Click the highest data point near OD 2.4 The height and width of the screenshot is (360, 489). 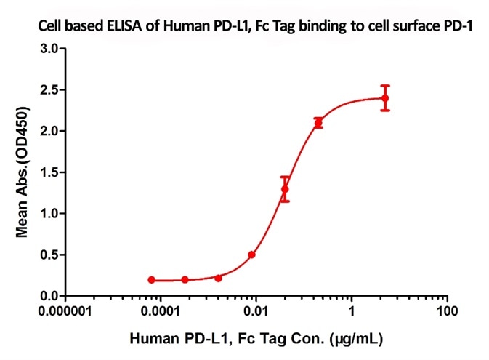coord(385,98)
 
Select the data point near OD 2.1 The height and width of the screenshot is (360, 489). coord(318,123)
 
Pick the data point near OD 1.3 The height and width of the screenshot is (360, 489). coord(285,189)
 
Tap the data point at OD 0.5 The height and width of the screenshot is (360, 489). coord(251,255)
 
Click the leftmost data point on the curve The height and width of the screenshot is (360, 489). coord(151,280)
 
